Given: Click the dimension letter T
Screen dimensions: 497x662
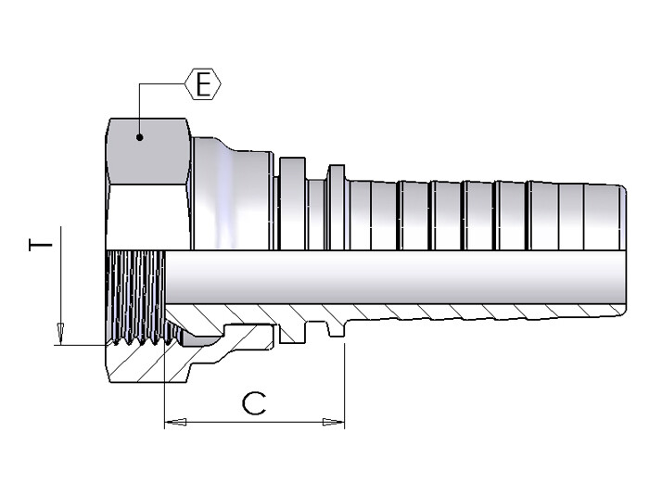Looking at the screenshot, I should coord(38,246).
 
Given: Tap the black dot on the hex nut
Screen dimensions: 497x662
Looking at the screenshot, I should coord(139,138).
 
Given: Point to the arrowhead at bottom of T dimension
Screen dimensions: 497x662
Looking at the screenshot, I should coord(59,335).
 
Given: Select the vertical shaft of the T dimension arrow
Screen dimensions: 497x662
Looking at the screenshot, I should coord(59,278).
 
